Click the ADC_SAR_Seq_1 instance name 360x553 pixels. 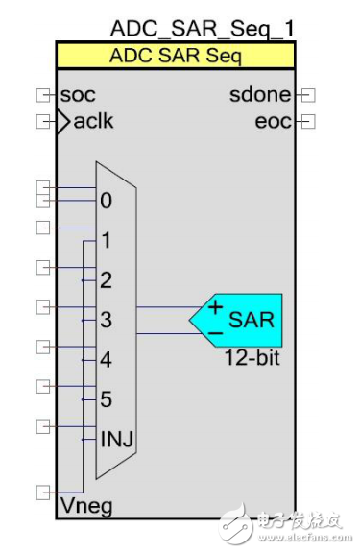pos(203,28)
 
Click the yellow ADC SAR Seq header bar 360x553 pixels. pos(176,56)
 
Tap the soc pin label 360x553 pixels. pos(78,95)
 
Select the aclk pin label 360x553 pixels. pos(93,122)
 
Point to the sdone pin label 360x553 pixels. pos(260,95)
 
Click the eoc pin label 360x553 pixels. pos(274,122)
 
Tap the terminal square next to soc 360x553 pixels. pos(42,95)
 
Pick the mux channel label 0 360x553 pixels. pos(105,202)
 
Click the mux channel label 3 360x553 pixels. pos(106,321)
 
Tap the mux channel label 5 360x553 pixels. pos(106,400)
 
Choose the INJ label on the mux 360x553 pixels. pos(115,440)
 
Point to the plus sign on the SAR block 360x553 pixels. pos(216,307)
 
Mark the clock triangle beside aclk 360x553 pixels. pos(64,122)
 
